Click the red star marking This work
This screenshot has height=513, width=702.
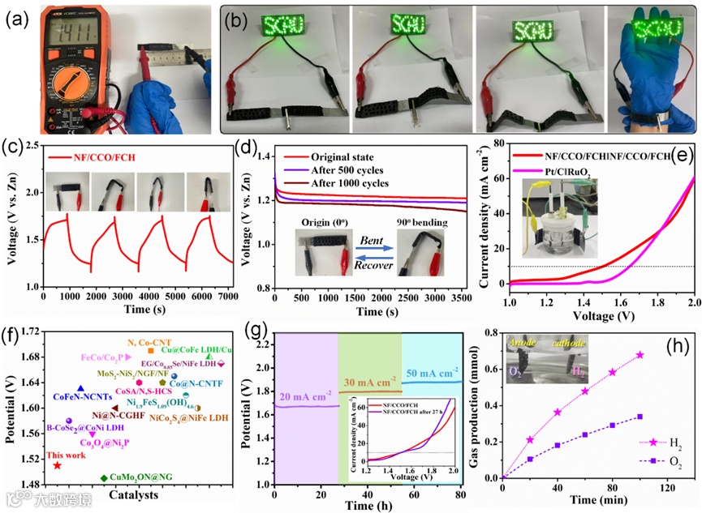pos(58,465)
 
